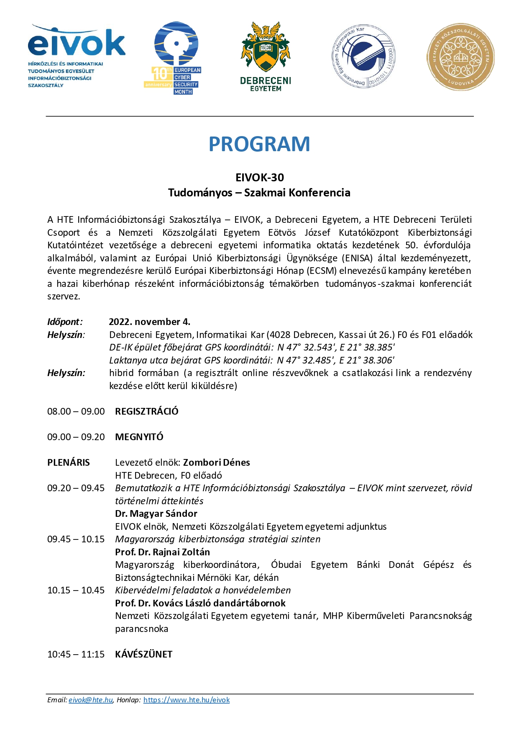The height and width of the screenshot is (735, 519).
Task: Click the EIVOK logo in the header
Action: pyautogui.click(x=76, y=56)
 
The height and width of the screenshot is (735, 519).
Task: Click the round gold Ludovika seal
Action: pyautogui.click(x=460, y=57)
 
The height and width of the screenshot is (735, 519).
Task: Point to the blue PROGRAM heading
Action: pyautogui.click(x=259, y=144)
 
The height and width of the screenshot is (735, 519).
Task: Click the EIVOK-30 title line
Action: pyautogui.click(x=259, y=178)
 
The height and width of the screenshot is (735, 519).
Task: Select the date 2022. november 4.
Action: pyautogui.click(x=149, y=322)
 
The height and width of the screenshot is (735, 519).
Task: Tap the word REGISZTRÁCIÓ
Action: pyautogui.click(x=147, y=411)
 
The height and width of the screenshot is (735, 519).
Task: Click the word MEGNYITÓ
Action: pyautogui.click(x=139, y=437)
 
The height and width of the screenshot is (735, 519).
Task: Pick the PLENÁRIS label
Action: pyautogui.click(x=69, y=462)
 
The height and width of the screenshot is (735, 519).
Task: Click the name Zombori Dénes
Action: pyautogui.click(x=216, y=462)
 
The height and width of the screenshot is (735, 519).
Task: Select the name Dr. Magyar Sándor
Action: pyautogui.click(x=156, y=513)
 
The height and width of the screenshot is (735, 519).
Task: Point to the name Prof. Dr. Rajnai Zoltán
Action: pyautogui.click(x=162, y=552)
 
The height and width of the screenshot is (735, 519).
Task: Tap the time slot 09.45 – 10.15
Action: pyautogui.click(x=76, y=539)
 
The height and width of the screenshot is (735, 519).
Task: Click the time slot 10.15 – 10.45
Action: pyautogui.click(x=76, y=590)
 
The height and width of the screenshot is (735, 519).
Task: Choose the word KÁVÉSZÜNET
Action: pyautogui.click(x=143, y=654)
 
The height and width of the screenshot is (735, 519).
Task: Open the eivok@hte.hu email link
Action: pyautogui.click(x=91, y=700)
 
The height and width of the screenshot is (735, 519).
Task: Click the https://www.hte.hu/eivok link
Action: pyautogui.click(x=187, y=700)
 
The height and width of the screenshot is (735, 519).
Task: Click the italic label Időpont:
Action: pyautogui.click(x=65, y=322)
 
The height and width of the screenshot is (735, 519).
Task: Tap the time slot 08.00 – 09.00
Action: pyautogui.click(x=76, y=411)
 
